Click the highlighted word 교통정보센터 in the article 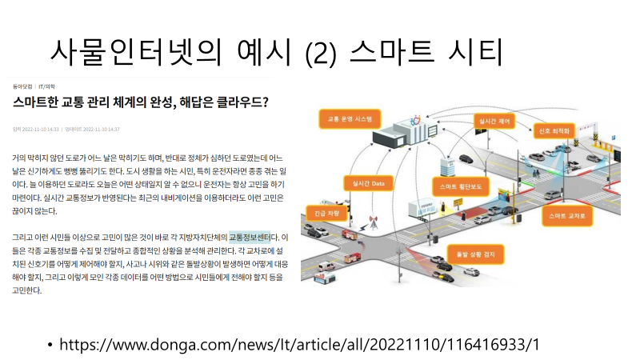click(x=249, y=238)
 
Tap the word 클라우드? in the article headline click(x=241, y=102)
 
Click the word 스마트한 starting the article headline click(x=35, y=102)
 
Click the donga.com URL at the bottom click(x=300, y=344)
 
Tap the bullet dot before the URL click(x=49, y=345)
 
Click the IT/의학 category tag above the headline click(x=47, y=85)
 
